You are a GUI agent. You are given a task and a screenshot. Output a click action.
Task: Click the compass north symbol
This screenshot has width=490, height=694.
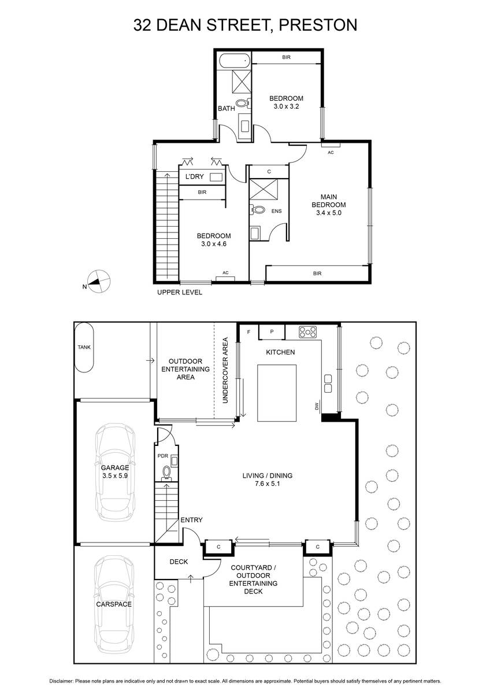coord(98,280)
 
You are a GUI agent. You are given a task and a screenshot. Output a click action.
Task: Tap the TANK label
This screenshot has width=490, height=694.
coord(84,348)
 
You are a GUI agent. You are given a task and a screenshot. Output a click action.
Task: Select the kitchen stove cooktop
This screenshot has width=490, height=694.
coord(307,332)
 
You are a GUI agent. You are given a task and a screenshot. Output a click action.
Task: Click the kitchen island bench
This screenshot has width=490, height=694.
coord(277,393)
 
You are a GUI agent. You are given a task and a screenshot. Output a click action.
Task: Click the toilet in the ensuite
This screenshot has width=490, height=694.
coord(258,210)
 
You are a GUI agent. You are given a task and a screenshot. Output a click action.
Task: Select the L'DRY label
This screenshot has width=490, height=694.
coord(194,176)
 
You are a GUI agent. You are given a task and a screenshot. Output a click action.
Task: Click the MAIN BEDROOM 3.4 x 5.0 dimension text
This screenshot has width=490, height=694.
coord(328,213)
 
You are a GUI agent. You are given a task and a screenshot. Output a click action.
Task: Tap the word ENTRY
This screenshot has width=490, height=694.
coord(191,520)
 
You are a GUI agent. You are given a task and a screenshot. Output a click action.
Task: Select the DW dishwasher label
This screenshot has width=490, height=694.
coord(317,406)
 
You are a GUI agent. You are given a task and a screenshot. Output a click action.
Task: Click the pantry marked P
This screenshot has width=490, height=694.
coord(272,331)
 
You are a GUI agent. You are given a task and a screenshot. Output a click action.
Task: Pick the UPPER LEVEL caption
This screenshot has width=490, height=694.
coord(180,292)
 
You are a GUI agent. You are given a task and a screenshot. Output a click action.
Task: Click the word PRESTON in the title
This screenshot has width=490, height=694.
coord(318,25)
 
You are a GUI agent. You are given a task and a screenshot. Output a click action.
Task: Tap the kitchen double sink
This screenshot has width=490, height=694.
coord(328,383)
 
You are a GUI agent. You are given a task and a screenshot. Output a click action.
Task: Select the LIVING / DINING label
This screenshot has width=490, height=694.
coord(268,475)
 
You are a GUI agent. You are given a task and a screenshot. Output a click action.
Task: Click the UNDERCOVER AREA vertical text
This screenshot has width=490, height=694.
coord(225,370)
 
